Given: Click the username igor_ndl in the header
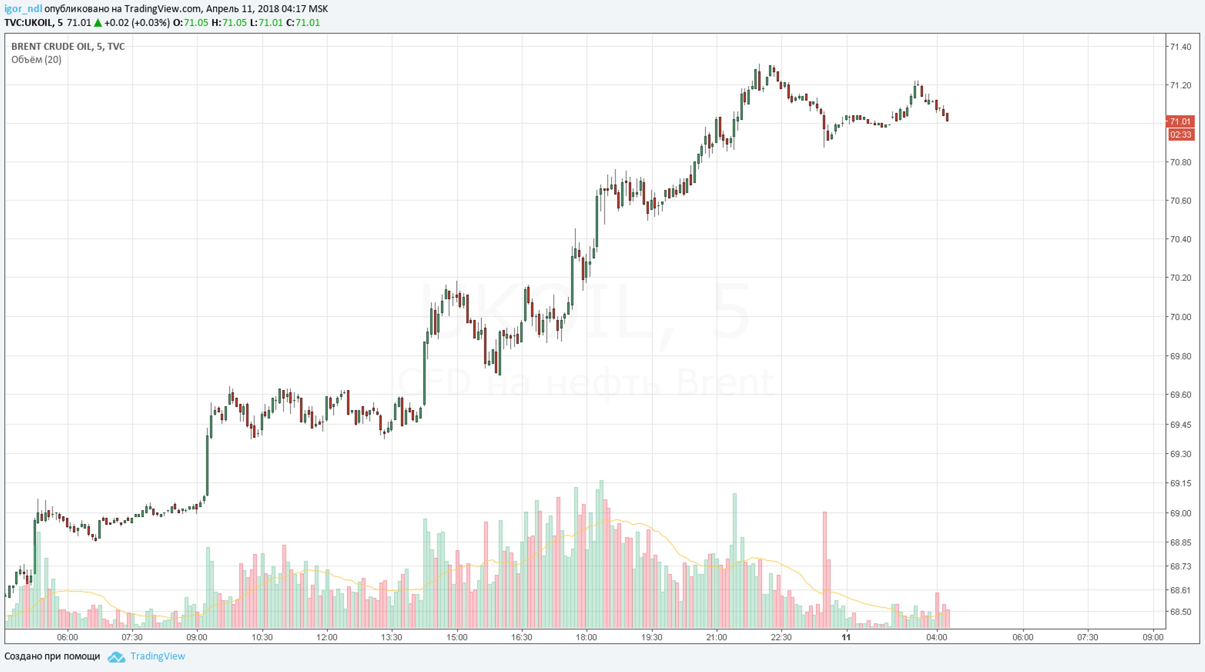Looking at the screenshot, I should tap(23, 9).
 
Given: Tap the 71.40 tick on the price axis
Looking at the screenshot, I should tap(1180, 47).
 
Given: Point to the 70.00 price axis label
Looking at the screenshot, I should tap(1180, 317).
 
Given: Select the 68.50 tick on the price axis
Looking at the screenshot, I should tap(1180, 612).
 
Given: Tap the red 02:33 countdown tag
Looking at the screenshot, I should tap(1180, 135).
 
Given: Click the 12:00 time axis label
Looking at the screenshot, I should tap(327, 637).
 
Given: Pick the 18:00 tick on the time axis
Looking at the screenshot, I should tap(586, 637).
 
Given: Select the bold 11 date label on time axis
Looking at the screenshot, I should tap(846, 637).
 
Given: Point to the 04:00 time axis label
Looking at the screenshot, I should tap(936, 637).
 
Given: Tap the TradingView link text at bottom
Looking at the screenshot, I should tap(158, 656).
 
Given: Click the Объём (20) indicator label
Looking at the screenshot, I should tap(36, 59).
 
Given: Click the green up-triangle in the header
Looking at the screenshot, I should tap(98, 22).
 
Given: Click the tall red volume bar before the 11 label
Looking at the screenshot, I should tap(825, 570).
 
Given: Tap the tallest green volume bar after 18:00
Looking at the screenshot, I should tap(601, 554).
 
